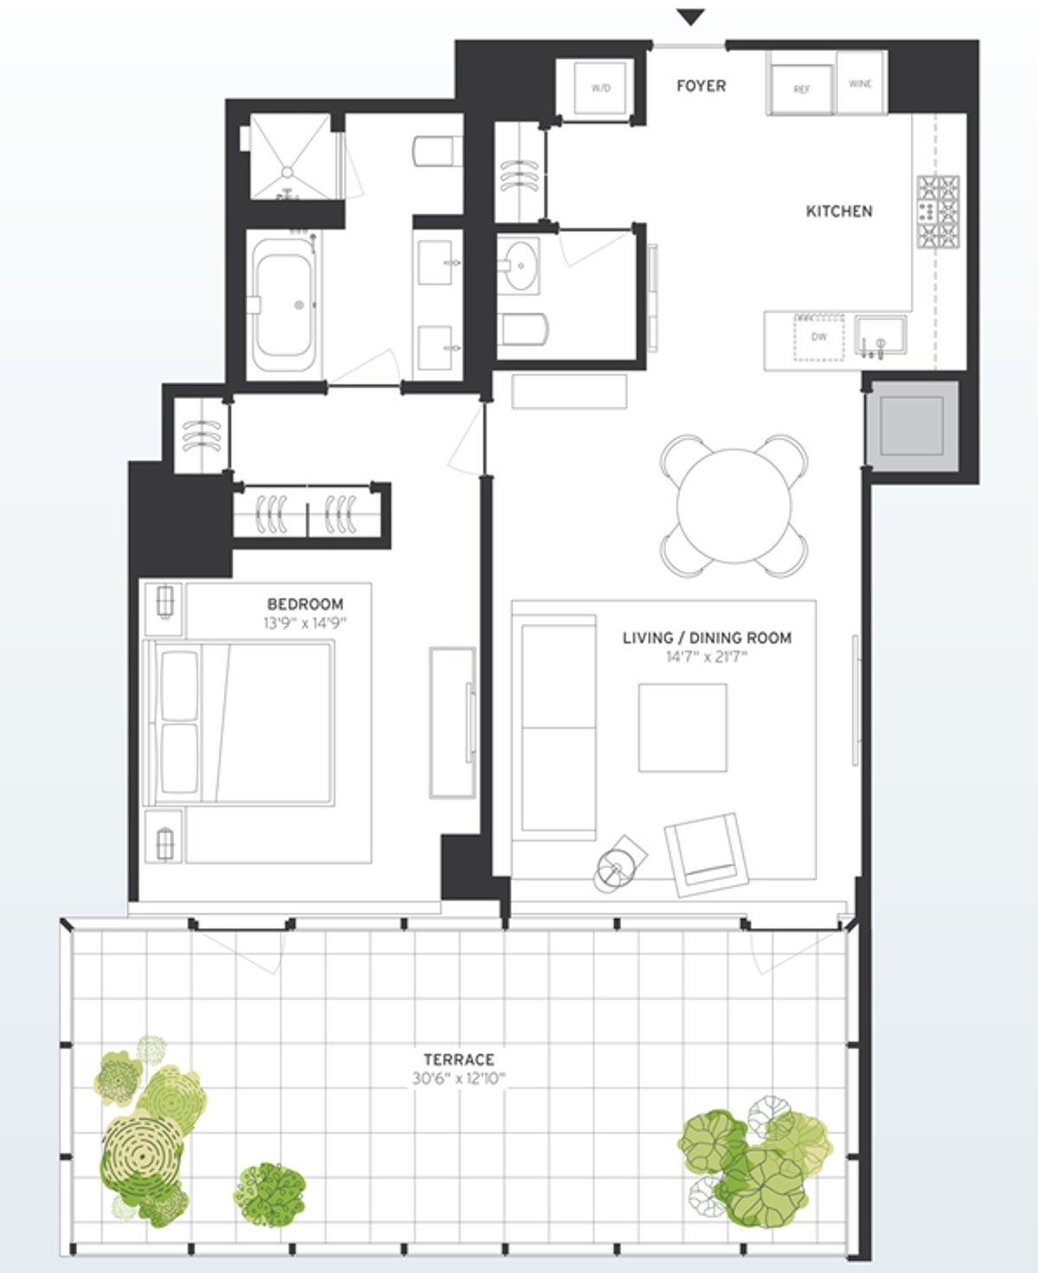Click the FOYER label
701,86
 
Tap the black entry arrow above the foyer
690,17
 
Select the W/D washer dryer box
600,87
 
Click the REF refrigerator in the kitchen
801,88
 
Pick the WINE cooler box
860,84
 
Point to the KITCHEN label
838,211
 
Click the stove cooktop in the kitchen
939,212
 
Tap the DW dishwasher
818,338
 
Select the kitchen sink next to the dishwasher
881,335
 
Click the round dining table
734,505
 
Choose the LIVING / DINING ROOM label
707,638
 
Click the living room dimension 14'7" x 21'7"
707,658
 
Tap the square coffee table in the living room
682,727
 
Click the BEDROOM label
304,604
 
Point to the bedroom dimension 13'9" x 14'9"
304,623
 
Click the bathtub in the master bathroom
282,305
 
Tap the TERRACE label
458,1059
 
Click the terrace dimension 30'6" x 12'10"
458,1079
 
